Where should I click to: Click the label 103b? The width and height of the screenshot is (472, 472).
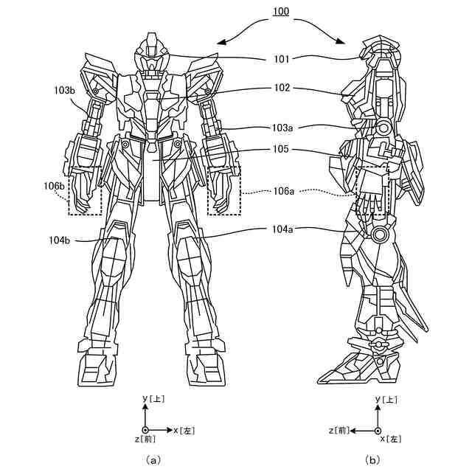[x=65, y=90]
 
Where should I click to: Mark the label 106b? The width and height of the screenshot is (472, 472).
[x=54, y=186]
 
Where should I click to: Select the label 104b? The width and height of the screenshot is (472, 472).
[x=60, y=239]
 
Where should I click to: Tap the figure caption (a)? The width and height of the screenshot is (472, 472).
[x=153, y=459]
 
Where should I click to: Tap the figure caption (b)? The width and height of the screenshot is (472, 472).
[x=372, y=459]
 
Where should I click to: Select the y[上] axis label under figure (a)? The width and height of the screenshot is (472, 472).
[x=153, y=399]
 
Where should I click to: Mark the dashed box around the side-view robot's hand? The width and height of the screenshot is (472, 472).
[x=372, y=191]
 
